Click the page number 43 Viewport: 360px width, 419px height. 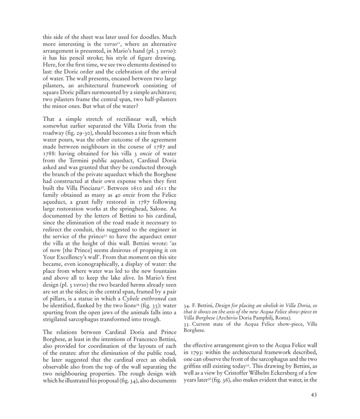pos(314,395)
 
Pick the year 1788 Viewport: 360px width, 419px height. pos(50,154)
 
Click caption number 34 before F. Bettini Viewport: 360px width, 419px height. pos(186,305)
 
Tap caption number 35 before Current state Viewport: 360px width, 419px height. pos(186,324)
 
